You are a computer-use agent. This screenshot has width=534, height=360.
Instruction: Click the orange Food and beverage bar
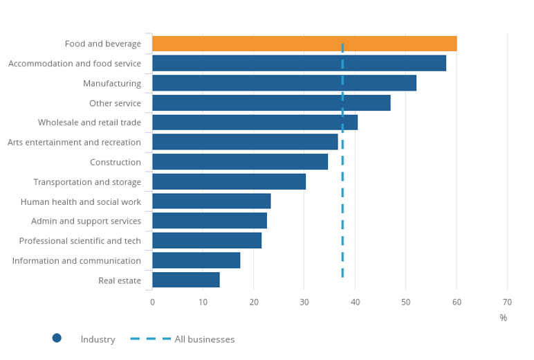pyautogui.click(x=304, y=44)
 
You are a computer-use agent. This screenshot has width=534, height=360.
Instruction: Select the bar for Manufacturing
pyautogui.click(x=284, y=83)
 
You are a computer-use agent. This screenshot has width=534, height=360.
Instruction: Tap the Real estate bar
pyautogui.click(x=186, y=280)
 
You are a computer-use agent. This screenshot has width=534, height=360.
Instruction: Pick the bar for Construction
pyautogui.click(x=240, y=162)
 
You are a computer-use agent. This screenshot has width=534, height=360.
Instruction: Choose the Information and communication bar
pyautogui.click(x=196, y=260)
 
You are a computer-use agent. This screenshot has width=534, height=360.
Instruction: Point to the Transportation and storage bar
pyautogui.click(x=229, y=181)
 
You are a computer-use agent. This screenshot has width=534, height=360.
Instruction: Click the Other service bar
pyautogui.click(x=271, y=103)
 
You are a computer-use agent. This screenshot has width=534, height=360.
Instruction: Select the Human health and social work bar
pyautogui.click(x=212, y=201)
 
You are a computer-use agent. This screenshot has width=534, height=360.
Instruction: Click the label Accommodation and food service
pyautogui.click(x=75, y=64)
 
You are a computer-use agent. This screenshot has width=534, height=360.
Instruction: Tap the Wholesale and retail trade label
pyautogui.click(x=89, y=123)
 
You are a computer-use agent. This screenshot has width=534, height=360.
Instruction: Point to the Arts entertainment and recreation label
pyautogui.click(x=74, y=143)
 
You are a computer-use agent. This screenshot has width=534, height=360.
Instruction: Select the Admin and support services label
pyautogui.click(x=86, y=221)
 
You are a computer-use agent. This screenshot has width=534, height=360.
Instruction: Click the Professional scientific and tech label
pyautogui.click(x=80, y=241)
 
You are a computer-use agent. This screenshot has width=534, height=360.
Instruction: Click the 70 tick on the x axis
pyautogui.click(x=507, y=302)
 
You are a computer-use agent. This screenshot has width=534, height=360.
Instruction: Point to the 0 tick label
pyautogui.click(x=152, y=302)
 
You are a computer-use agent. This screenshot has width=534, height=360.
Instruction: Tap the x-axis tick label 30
pyautogui.click(x=304, y=302)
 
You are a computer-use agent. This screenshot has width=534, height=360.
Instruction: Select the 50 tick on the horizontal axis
pyautogui.click(x=406, y=302)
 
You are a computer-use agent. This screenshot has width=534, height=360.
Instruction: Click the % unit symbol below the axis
pyautogui.click(x=503, y=318)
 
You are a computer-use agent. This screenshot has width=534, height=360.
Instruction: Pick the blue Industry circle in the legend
pyautogui.click(x=57, y=338)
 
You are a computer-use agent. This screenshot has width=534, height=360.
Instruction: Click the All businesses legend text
pyautogui.click(x=205, y=339)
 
